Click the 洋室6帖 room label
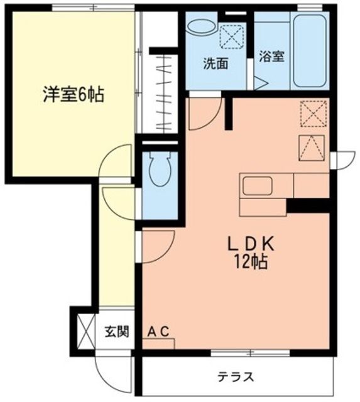[73, 95]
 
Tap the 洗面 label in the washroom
[215, 63]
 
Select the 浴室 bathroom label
[272, 57]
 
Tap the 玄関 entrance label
[117, 332]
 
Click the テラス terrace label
[236, 377]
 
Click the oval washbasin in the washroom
[201, 28]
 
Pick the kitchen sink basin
[258, 187]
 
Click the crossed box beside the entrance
[84, 328]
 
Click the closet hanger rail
[166, 94]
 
